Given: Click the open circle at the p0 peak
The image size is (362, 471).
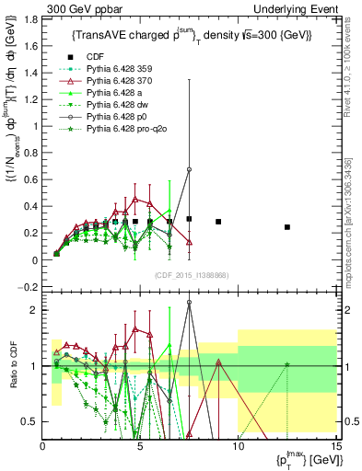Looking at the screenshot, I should [x=189, y=169].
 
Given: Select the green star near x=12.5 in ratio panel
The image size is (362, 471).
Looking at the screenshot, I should [x=287, y=365].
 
